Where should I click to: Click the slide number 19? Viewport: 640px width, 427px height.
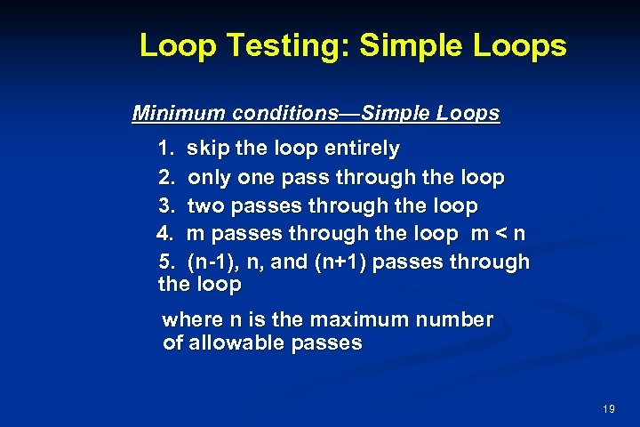(x=609, y=409)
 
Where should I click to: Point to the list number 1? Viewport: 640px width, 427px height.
(x=166, y=148)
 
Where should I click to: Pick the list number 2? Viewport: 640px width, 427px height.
(x=166, y=178)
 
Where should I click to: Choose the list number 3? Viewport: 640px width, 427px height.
(x=166, y=206)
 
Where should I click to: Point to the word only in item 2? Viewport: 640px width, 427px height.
(x=209, y=178)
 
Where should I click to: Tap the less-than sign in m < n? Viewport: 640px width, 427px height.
(x=502, y=235)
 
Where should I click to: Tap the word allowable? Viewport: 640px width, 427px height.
(x=233, y=343)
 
